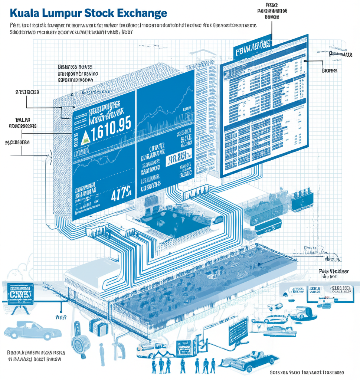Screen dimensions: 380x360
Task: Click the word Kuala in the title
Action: [x=25, y=13]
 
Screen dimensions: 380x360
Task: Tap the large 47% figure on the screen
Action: [x=121, y=194]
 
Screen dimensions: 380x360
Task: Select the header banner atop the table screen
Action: [x=252, y=48]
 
